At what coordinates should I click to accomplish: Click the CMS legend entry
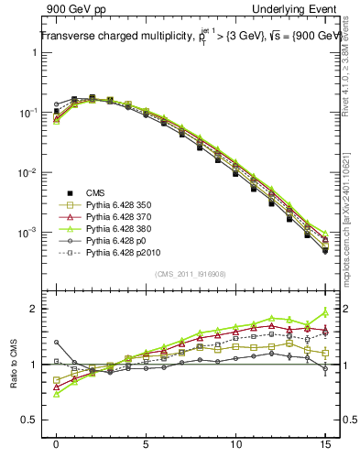coord(94,192)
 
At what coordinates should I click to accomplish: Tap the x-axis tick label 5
coord(146,444)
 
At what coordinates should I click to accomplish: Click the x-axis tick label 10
coord(235,444)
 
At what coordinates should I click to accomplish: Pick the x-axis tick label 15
coord(325,444)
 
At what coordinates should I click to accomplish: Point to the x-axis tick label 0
coord(57,444)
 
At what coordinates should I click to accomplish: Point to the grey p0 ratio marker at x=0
coord(57,343)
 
